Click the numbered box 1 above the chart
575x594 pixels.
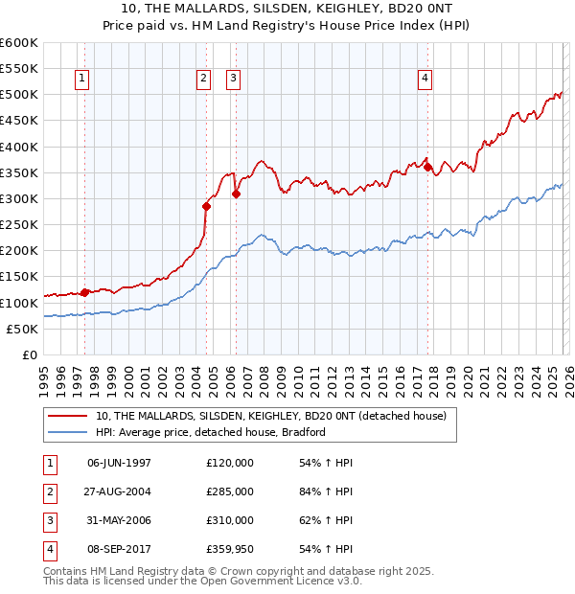(x=81, y=79)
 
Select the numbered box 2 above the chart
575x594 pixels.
(x=204, y=79)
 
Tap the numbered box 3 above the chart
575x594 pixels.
(x=234, y=79)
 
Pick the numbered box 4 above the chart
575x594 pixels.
(x=425, y=79)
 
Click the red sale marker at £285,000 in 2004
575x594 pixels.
(x=206, y=206)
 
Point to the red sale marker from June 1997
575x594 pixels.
(x=84, y=292)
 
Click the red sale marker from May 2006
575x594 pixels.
(x=236, y=194)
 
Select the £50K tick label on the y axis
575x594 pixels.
(x=23, y=329)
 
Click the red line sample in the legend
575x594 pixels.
(x=68, y=416)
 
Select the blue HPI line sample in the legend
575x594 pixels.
(x=68, y=432)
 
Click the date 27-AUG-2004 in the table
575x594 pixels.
(x=119, y=491)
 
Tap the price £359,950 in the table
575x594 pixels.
(x=230, y=549)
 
